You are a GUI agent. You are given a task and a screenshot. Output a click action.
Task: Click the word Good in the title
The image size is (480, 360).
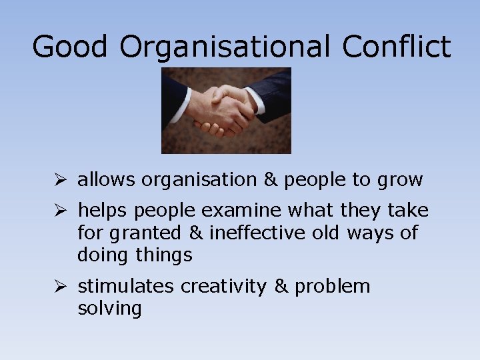[69, 47]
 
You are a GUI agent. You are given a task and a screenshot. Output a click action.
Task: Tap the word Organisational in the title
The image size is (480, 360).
[225, 47]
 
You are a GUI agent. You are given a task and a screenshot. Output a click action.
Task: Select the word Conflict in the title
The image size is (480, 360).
[396, 47]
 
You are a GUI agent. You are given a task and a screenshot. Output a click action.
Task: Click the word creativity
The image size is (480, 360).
[225, 287]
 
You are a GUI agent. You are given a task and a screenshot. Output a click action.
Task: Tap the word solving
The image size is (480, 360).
[109, 309]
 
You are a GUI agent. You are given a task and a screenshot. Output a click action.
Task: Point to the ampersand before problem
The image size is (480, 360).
[281, 287]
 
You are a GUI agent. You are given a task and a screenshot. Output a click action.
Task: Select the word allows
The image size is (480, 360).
[107, 180]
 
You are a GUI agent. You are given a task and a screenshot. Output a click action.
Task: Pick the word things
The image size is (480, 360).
[164, 255]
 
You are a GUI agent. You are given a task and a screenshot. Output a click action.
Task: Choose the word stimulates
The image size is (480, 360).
[127, 287]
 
